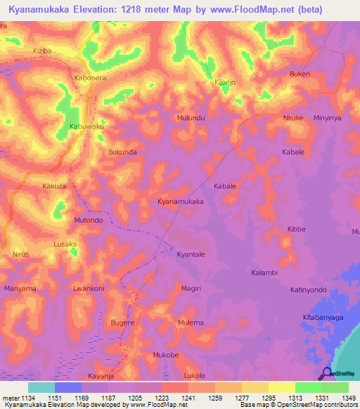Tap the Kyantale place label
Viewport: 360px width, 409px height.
[191, 254]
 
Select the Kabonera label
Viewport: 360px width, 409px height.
[90, 78]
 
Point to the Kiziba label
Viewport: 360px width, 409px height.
[43, 51]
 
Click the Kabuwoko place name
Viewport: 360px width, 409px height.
[86, 126]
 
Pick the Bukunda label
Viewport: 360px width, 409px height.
[122, 151]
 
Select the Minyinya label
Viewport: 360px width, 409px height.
[327, 118]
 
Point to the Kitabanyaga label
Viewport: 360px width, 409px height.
[323, 318]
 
